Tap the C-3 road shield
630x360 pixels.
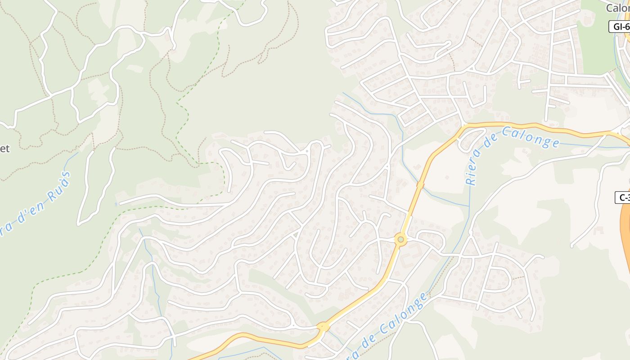623,197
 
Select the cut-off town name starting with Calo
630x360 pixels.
618,8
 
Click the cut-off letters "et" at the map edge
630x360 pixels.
4,148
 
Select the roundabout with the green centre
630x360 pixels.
400,240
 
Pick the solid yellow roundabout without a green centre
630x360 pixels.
323,327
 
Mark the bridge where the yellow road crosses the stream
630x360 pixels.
420,184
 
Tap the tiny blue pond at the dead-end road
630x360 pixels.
116,204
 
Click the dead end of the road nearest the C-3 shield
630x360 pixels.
572,246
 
